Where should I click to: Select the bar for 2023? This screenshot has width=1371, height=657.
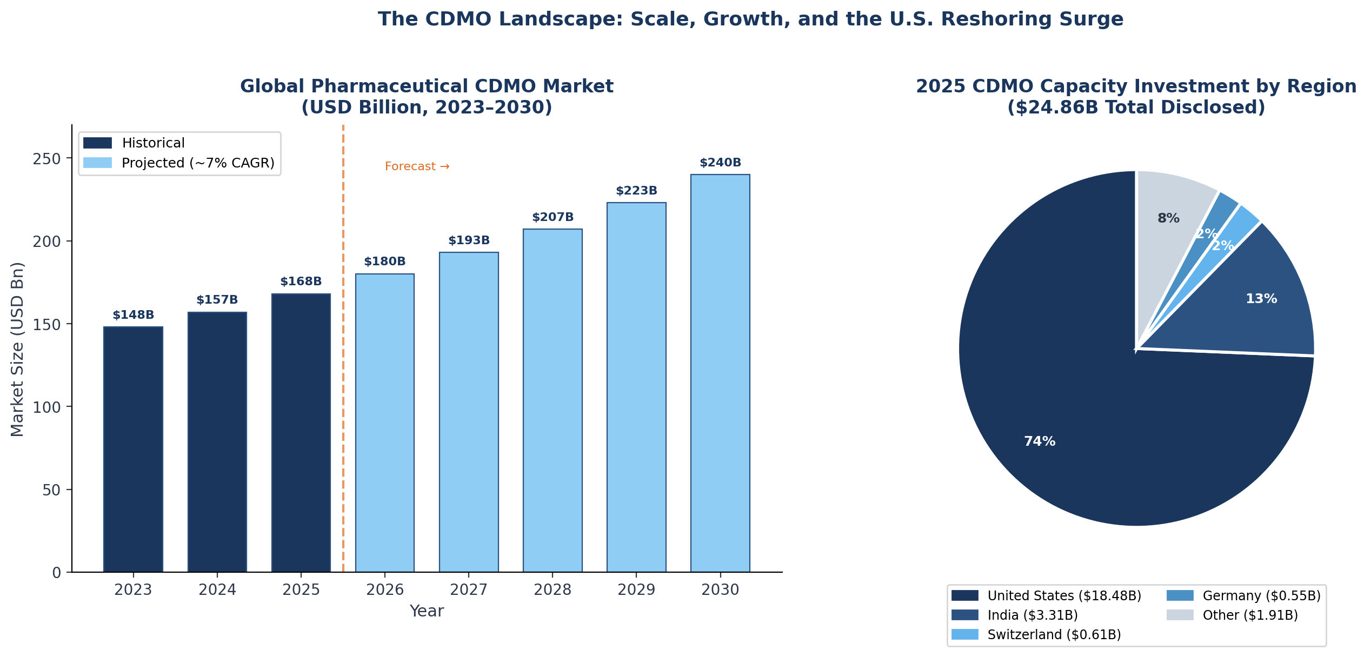(133, 448)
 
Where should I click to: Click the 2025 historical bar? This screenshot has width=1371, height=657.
(301, 432)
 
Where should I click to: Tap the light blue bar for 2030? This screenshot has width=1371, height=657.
(720, 373)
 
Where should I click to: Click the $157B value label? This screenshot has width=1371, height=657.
(217, 300)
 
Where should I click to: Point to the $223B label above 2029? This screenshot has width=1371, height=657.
(636, 191)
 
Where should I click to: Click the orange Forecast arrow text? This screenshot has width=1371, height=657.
(417, 166)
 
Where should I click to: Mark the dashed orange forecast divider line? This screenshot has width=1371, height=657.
(343, 378)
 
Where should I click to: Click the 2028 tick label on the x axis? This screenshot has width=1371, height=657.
(553, 590)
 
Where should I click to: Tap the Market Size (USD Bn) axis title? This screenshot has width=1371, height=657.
(17, 349)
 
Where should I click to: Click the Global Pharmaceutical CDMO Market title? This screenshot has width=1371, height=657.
(427, 86)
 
